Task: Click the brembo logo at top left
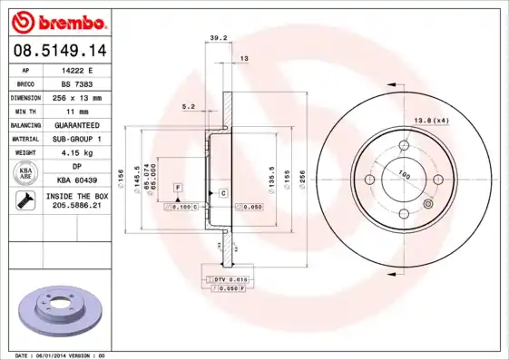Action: click(x=60, y=19)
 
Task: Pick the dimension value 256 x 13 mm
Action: click(x=90, y=96)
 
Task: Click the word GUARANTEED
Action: click(x=90, y=124)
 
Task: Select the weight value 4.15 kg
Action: click(x=90, y=152)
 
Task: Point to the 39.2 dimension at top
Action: click(x=218, y=38)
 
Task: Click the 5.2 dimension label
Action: click(x=189, y=106)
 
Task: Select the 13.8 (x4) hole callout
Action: click(x=431, y=121)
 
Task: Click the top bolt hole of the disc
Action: click(x=403, y=145)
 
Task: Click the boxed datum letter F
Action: click(x=179, y=187)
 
